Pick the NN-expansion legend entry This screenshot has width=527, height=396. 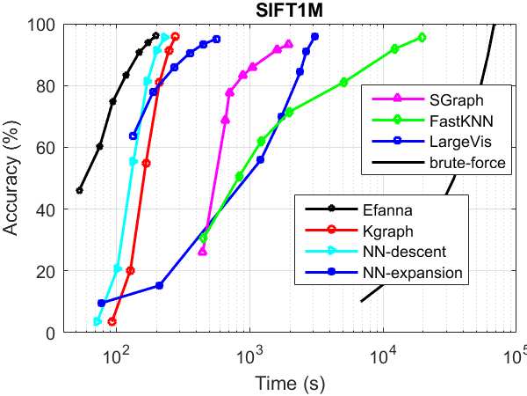pyautogui.click(x=409, y=273)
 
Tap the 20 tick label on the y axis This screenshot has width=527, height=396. pyautogui.click(x=46, y=271)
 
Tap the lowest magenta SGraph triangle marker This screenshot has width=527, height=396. pyautogui.click(x=203, y=252)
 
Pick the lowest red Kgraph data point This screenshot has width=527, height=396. pyautogui.click(x=112, y=321)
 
